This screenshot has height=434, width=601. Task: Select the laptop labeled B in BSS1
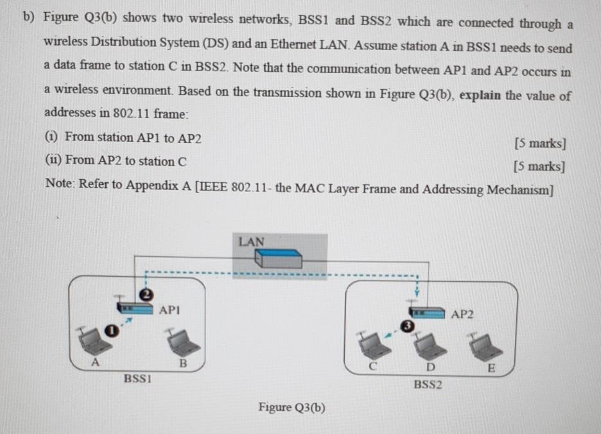(183, 343)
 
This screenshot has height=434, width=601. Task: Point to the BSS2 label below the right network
(428, 385)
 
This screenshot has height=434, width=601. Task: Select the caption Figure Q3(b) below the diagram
(292, 407)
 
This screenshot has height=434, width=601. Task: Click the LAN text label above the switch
(251, 241)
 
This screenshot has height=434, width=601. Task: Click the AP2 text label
(462, 314)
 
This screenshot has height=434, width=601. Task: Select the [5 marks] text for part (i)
(540, 143)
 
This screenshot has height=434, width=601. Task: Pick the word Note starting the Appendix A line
(59, 184)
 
